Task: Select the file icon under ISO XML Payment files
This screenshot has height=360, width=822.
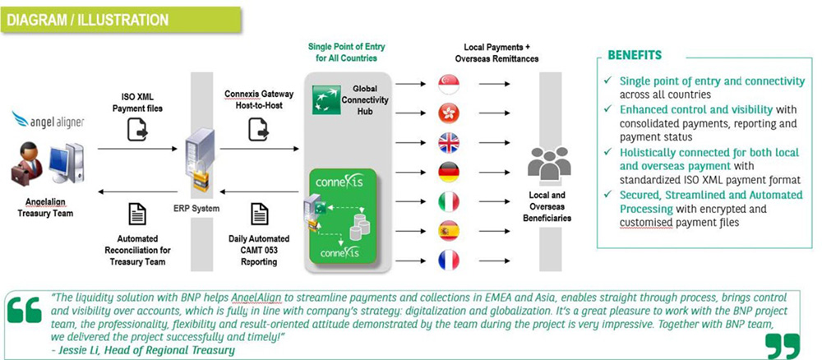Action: (x=136, y=129)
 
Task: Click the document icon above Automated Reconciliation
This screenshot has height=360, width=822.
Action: (x=136, y=215)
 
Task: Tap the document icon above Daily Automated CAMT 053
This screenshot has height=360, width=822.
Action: (x=258, y=215)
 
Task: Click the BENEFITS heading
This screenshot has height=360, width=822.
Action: (x=635, y=56)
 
